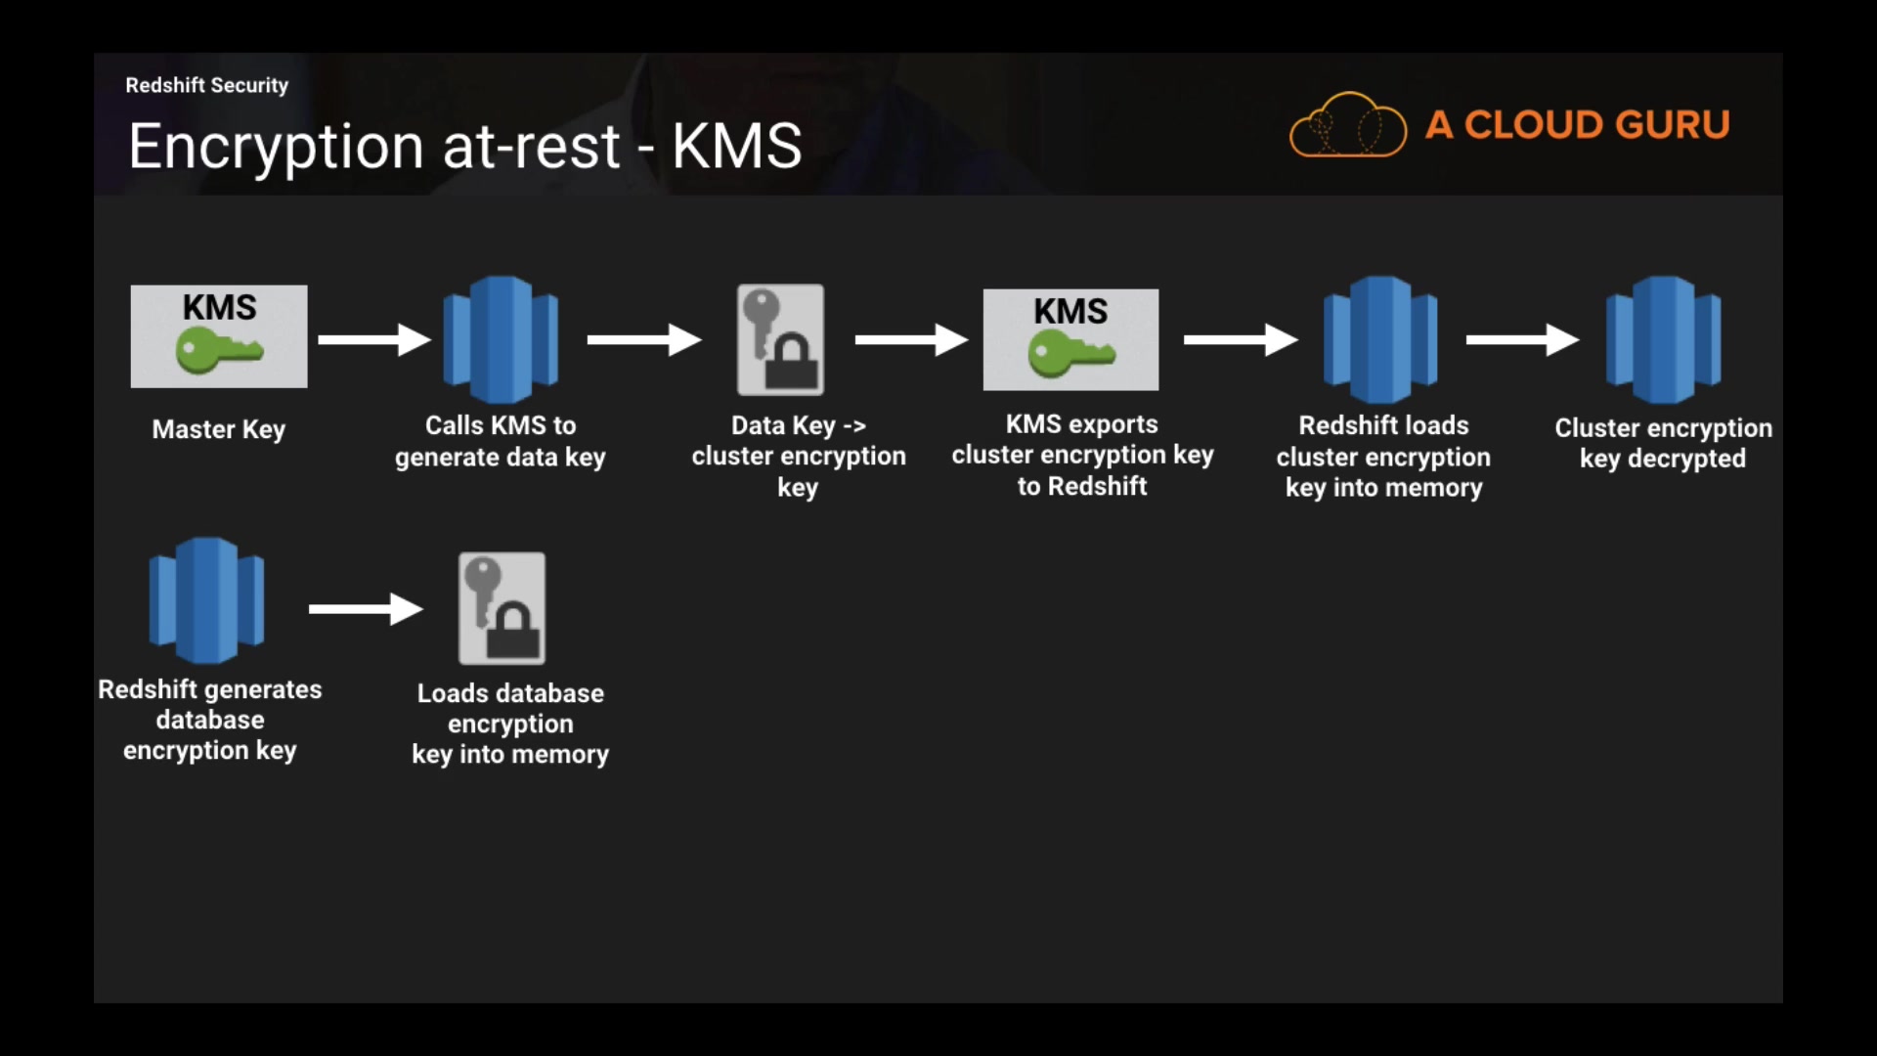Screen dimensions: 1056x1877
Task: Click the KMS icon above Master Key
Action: click(x=219, y=335)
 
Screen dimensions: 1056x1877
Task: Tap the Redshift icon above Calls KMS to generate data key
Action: click(x=501, y=339)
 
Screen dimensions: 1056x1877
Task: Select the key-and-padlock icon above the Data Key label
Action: click(x=780, y=339)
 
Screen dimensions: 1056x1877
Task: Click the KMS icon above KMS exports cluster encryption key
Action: click(x=1070, y=339)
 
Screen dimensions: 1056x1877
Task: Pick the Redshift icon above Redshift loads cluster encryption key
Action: click(x=1380, y=339)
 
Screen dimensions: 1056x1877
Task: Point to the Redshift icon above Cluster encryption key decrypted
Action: click(x=1663, y=339)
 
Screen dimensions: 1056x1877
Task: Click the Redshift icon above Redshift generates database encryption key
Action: click(x=206, y=600)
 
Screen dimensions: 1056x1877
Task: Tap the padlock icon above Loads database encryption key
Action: click(x=502, y=608)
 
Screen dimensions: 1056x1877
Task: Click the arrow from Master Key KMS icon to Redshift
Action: click(x=373, y=339)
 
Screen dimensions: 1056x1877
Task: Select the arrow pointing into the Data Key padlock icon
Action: click(x=643, y=339)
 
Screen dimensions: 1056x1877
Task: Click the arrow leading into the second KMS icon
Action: click(x=910, y=339)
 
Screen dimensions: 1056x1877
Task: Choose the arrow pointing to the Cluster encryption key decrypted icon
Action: click(x=1521, y=339)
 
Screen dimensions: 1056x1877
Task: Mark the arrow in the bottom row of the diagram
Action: click(x=365, y=608)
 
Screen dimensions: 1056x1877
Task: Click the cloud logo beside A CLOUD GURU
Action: click(x=1347, y=125)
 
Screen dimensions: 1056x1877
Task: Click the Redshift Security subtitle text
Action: click(x=206, y=85)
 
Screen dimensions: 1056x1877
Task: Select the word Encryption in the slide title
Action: click(x=276, y=147)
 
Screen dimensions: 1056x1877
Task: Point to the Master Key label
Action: click(x=219, y=429)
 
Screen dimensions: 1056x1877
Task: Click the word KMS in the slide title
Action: click(x=736, y=147)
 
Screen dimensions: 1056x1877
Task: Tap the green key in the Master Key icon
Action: click(x=218, y=350)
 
